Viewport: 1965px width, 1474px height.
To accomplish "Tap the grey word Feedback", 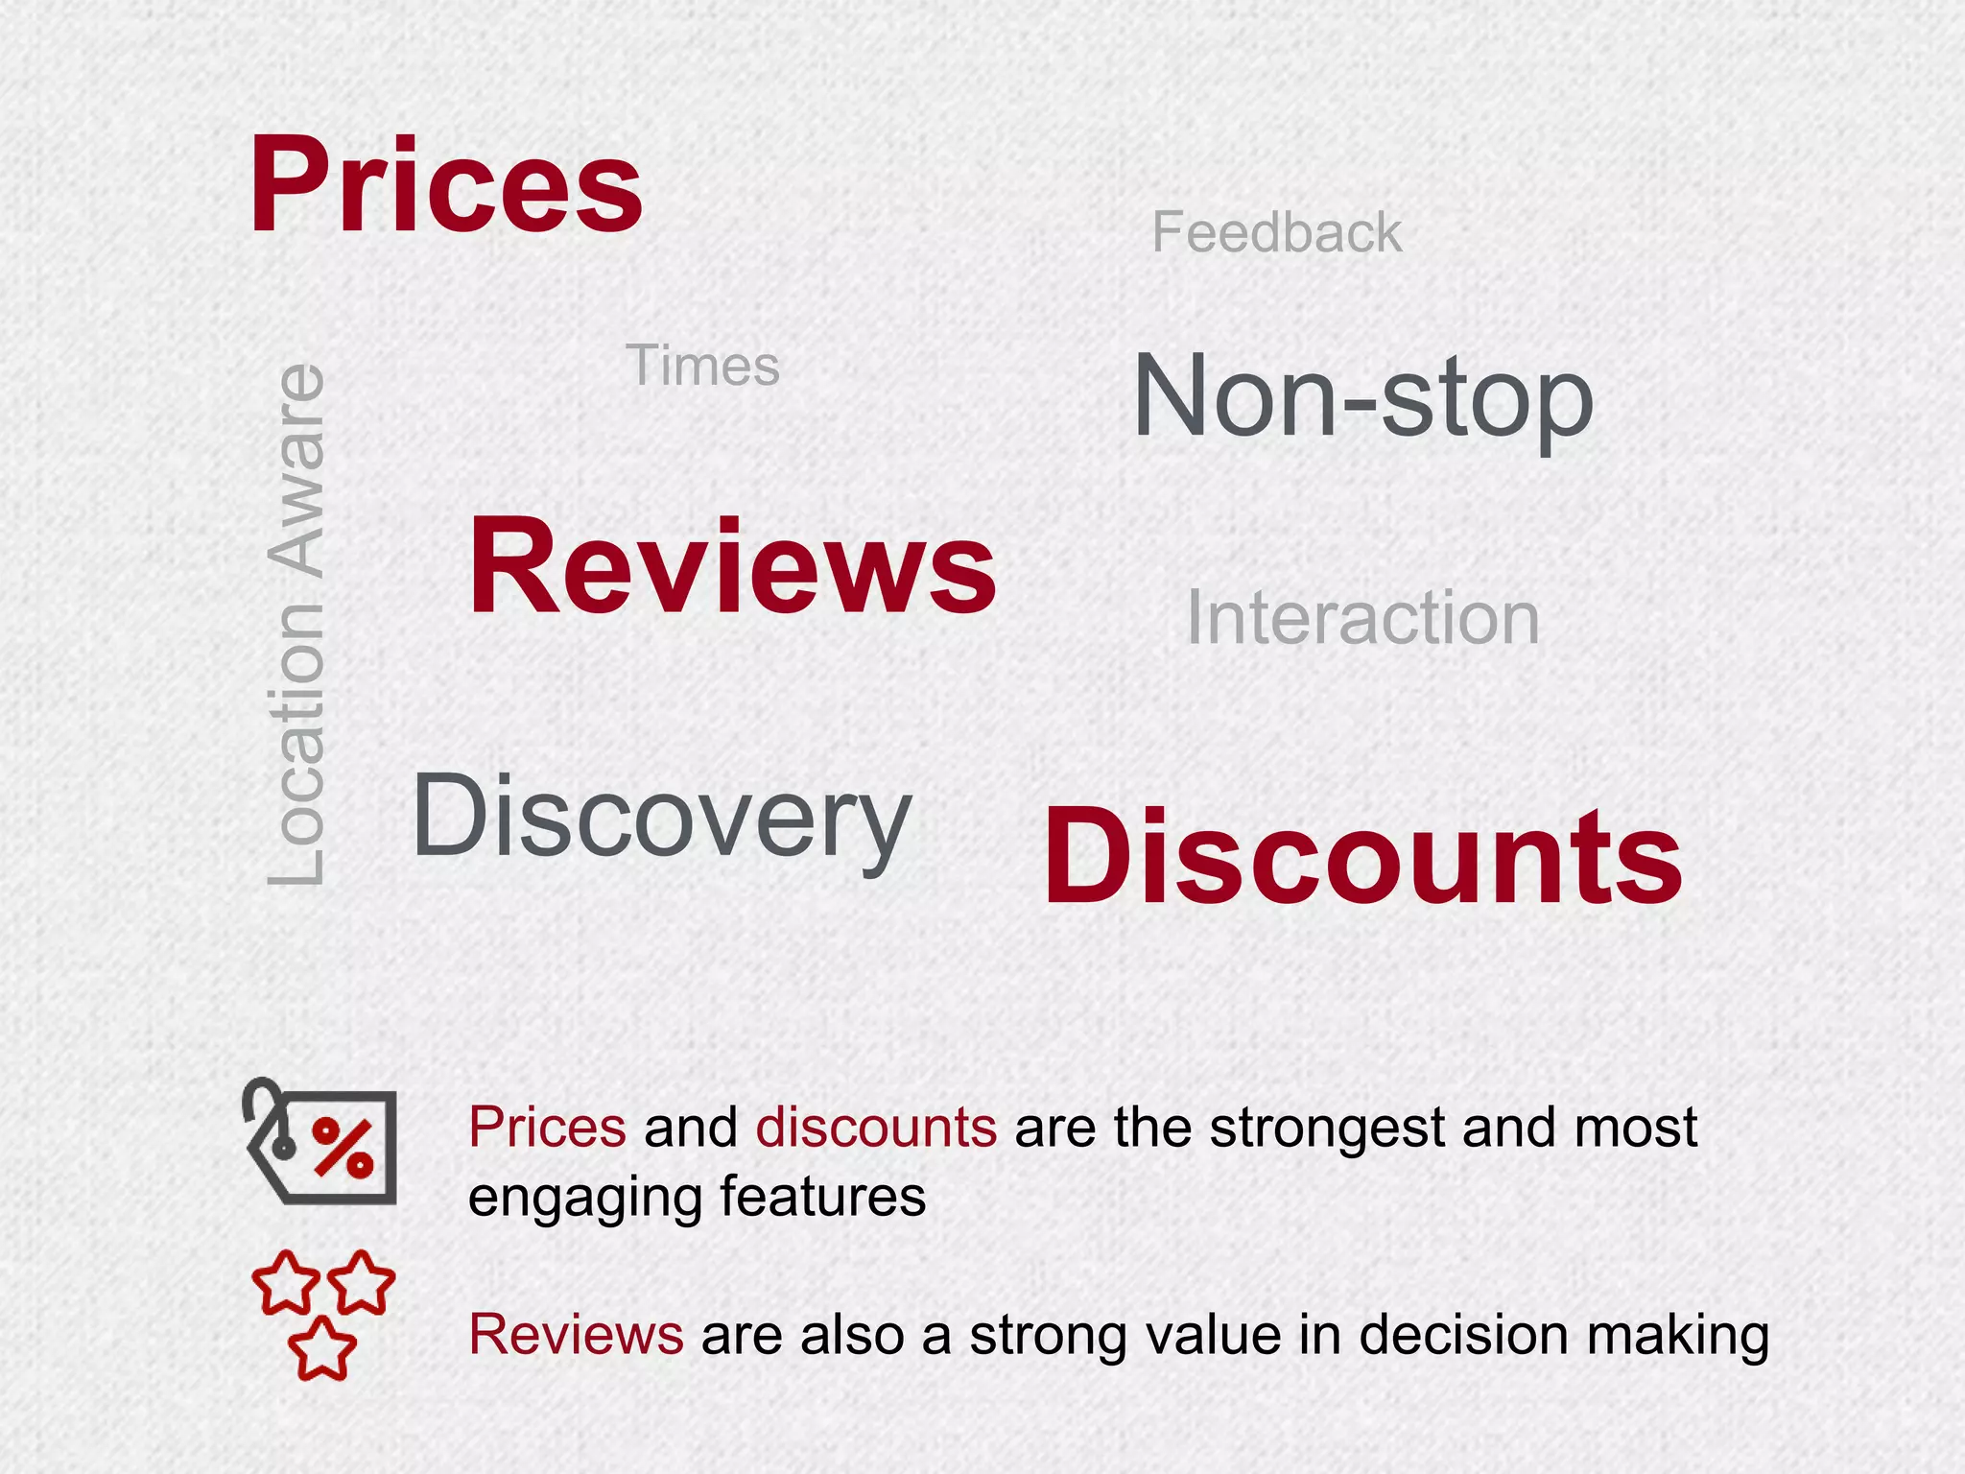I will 1276,232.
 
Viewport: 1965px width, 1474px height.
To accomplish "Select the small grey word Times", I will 702,366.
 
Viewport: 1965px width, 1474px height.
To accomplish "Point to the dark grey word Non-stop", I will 1362,397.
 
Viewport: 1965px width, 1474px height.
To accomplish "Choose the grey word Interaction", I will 1362,618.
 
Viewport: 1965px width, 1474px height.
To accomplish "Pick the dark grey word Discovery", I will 661,819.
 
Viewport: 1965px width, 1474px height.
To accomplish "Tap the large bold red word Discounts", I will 1362,857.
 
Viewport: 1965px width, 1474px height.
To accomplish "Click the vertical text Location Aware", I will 296,624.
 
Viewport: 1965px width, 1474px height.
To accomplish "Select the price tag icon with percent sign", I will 321,1143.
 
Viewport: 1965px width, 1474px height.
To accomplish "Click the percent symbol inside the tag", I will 343,1147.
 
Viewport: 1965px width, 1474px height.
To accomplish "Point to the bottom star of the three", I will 322,1348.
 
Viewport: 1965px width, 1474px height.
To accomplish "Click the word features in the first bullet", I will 822,1197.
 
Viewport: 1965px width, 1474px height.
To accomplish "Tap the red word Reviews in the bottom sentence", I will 576,1335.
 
